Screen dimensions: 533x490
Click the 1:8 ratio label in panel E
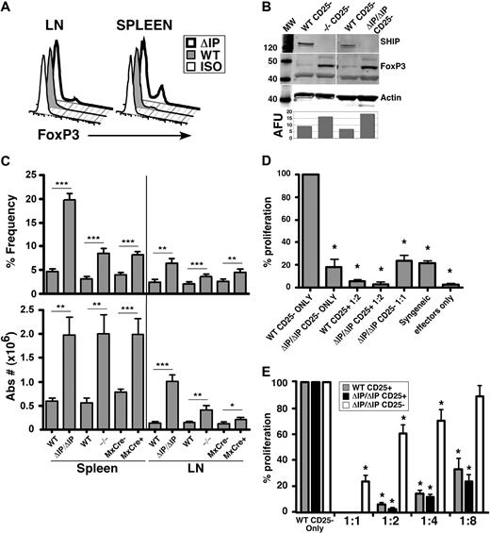pyautogui.click(x=460, y=520)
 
